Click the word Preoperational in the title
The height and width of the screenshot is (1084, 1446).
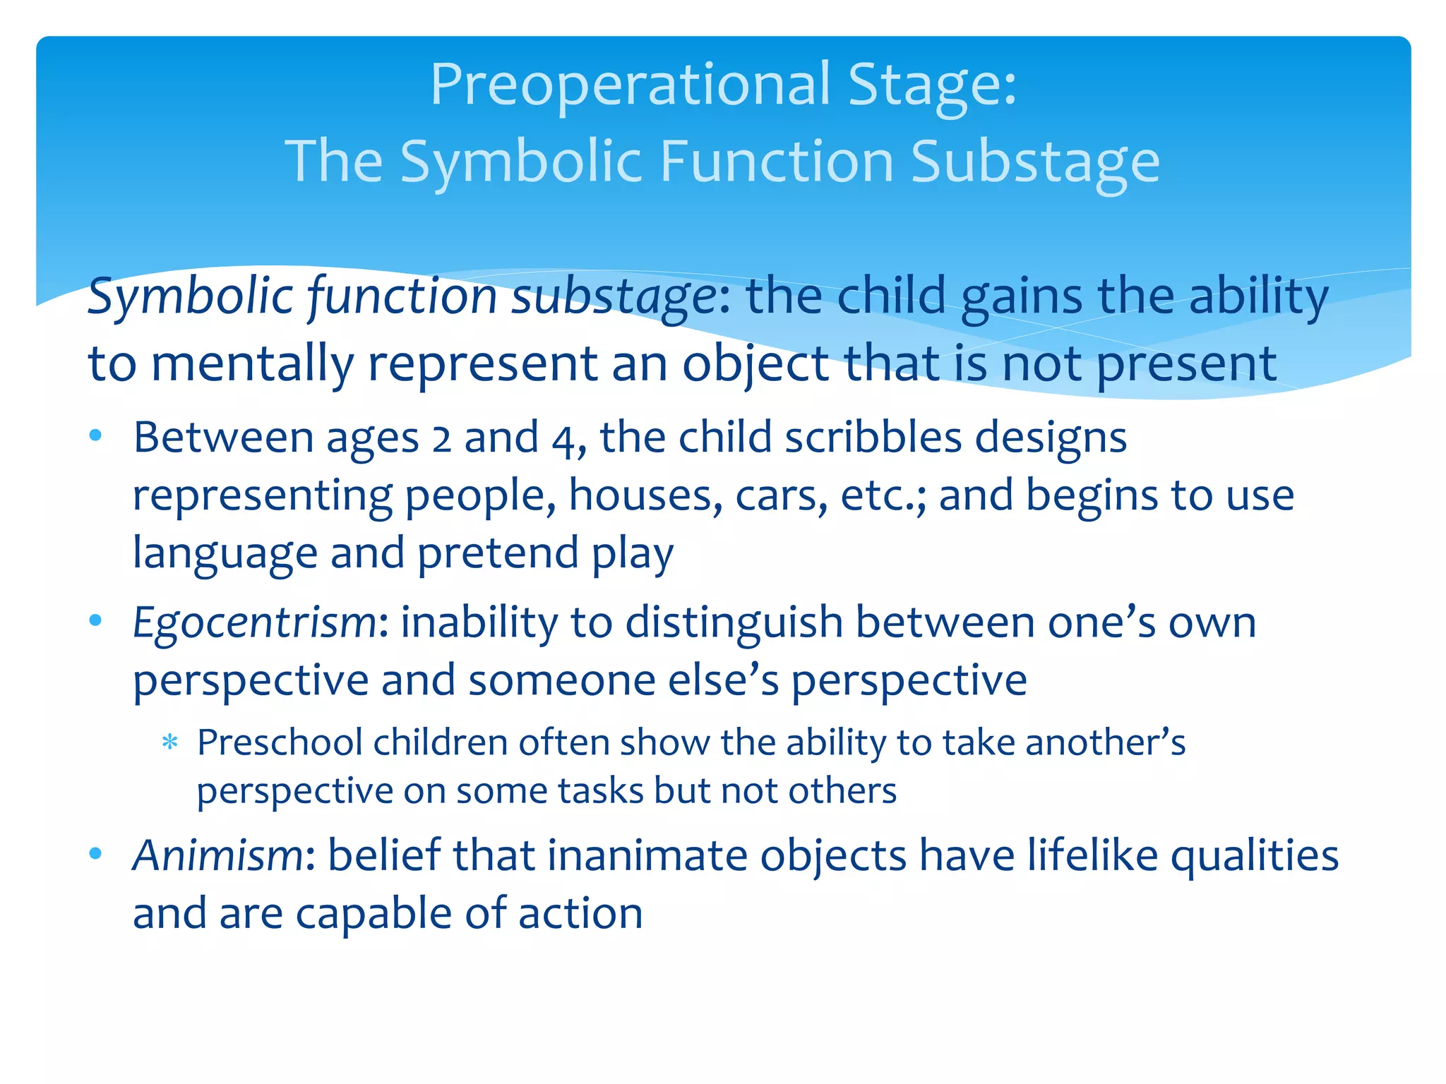pyautogui.click(x=631, y=85)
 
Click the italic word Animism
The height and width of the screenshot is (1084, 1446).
pyautogui.click(x=218, y=855)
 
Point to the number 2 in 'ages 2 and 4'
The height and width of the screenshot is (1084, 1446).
pyautogui.click(x=441, y=438)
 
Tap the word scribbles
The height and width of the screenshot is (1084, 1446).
pyautogui.click(x=873, y=438)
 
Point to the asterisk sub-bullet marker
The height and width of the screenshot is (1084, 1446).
pyautogui.click(x=169, y=742)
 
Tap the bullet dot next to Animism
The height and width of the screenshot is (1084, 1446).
pyautogui.click(x=96, y=854)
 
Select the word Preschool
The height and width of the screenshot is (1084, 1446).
pyautogui.click(x=279, y=743)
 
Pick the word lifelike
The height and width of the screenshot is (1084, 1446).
pyautogui.click(x=1092, y=855)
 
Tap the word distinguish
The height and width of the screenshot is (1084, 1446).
pyautogui.click(x=734, y=624)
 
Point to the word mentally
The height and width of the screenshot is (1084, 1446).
pyautogui.click(x=252, y=364)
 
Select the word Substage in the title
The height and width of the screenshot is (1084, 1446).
pyautogui.click(x=1035, y=162)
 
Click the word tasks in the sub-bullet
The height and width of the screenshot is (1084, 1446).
pyautogui.click(x=599, y=791)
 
